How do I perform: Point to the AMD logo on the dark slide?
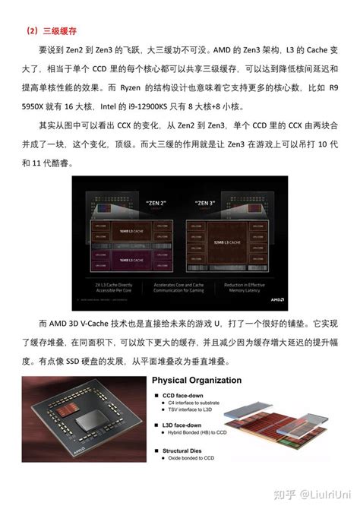(x=276, y=299)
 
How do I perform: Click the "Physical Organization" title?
(x=197, y=380)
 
